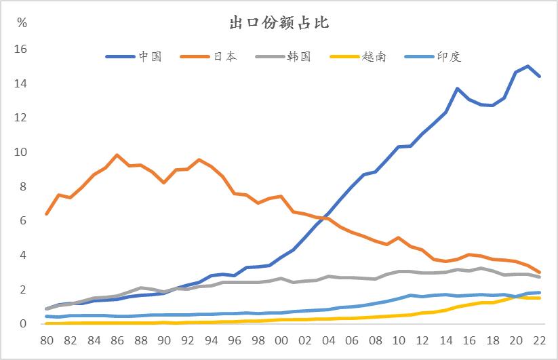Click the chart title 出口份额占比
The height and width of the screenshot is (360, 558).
pyautogui.click(x=278, y=24)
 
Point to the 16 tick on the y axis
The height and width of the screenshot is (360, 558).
pyautogui.click(x=20, y=49)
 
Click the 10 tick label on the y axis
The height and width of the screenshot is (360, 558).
pyautogui.click(x=20, y=153)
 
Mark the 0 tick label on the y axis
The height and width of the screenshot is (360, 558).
pyautogui.click(x=23, y=324)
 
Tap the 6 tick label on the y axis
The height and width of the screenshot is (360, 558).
pyautogui.click(x=23, y=221)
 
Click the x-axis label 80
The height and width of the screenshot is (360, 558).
pyautogui.click(x=47, y=340)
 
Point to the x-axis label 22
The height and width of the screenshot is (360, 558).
pyautogui.click(x=539, y=340)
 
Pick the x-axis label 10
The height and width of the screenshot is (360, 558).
pyautogui.click(x=399, y=340)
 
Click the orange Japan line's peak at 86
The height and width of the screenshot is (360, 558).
pyautogui.click(x=117, y=155)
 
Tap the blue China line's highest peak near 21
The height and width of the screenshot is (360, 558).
pyautogui.click(x=527, y=66)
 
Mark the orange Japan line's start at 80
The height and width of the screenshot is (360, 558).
pyautogui.click(x=47, y=214)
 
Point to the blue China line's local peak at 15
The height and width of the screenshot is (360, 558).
pyautogui.click(x=458, y=89)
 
